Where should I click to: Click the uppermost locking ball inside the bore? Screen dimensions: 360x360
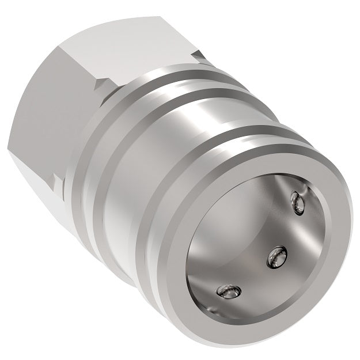[x=297, y=202]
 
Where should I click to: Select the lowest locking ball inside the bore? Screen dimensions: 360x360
[x=227, y=293]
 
